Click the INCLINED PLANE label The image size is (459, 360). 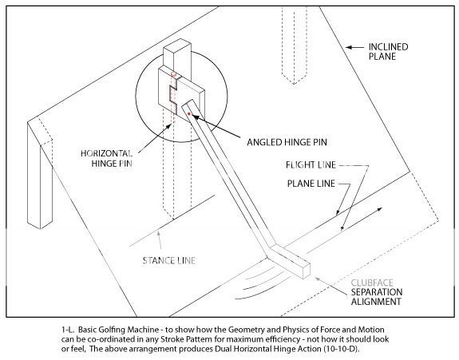point(388,52)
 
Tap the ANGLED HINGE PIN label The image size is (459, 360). point(287,143)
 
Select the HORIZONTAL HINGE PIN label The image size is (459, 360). point(107,158)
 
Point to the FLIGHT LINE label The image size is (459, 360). point(311,165)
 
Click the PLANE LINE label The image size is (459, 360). point(311,184)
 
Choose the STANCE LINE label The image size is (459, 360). point(169,260)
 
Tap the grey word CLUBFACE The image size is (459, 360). point(372,283)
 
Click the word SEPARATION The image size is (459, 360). point(377,292)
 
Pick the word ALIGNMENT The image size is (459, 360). point(376,302)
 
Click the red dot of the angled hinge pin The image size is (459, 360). point(189,113)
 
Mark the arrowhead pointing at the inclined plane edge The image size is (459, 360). point(348,47)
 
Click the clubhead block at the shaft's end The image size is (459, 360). point(289,263)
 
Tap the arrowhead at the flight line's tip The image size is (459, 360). point(380,209)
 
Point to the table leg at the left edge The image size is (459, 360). point(40,175)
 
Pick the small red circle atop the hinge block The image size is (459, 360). point(173,74)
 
